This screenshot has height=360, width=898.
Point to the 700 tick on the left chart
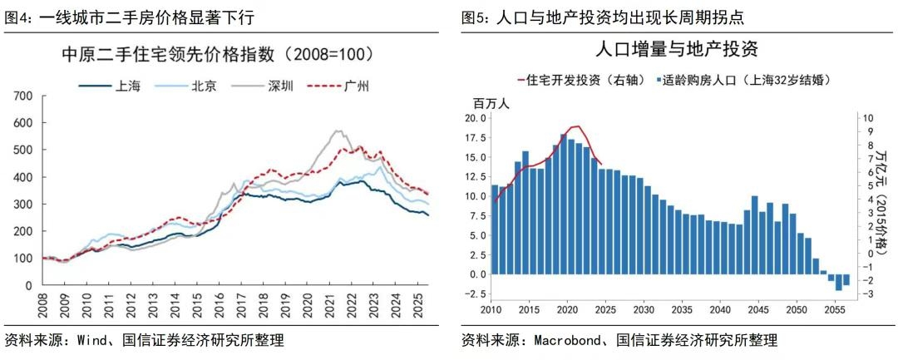point(22,96)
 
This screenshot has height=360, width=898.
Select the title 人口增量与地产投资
point(677,48)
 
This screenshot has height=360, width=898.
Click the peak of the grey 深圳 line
point(337,131)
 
